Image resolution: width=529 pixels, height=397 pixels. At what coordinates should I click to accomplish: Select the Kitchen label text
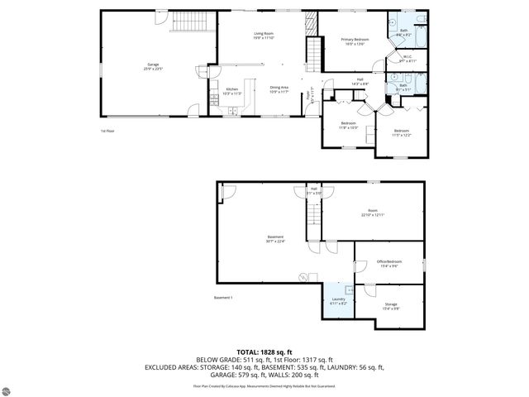click(x=232, y=92)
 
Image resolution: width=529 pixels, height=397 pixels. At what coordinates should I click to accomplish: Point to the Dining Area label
click(x=279, y=89)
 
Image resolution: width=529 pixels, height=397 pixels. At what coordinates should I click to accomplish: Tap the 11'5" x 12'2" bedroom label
click(x=401, y=132)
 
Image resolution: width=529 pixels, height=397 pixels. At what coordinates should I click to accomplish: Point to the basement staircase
click(x=312, y=217)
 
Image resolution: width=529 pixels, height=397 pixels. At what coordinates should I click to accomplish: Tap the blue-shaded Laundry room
click(x=338, y=302)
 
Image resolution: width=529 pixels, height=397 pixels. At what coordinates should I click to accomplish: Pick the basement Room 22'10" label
click(x=373, y=213)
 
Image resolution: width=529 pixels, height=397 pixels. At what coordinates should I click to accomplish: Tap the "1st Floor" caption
click(x=108, y=131)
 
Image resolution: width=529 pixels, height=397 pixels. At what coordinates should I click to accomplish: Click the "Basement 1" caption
click(x=224, y=297)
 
